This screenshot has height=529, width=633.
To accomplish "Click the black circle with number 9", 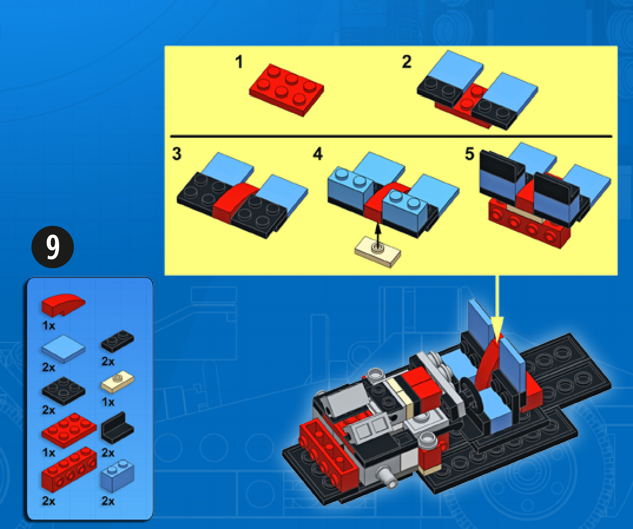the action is click(x=53, y=247).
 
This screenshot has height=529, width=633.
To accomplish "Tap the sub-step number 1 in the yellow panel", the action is click(x=239, y=62).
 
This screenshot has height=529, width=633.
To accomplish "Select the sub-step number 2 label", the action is click(x=407, y=62).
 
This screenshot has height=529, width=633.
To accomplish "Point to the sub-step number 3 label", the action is click(x=177, y=154).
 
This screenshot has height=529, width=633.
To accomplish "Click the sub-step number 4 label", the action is click(x=318, y=154).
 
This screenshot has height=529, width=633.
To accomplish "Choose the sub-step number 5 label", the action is click(x=470, y=154).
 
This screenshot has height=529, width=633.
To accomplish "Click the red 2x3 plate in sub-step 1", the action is click(x=286, y=90).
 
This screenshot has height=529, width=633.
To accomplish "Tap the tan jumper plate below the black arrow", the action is click(x=378, y=252).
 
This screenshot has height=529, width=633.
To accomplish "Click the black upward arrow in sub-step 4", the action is click(x=378, y=234).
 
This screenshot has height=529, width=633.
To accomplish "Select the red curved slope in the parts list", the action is click(x=63, y=305).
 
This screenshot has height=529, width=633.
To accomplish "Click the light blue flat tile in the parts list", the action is click(x=63, y=348).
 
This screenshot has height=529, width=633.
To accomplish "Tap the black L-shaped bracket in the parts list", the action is click(x=117, y=428).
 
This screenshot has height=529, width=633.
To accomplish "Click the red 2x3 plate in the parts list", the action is click(x=69, y=430).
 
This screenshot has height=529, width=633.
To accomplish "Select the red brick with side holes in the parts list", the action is click(x=69, y=470).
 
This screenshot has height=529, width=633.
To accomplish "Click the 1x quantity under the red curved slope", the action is click(x=49, y=326).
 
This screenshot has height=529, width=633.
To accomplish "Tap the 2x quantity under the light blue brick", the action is click(x=108, y=501).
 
